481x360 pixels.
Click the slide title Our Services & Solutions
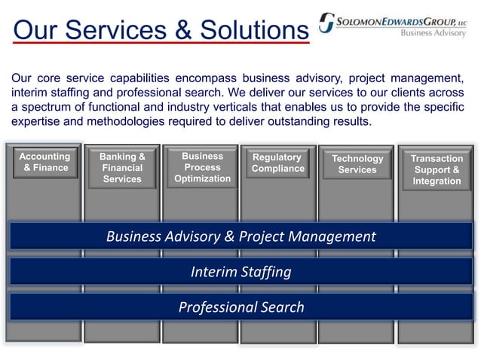click(x=161, y=30)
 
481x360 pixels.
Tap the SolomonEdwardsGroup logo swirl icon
click(x=326, y=23)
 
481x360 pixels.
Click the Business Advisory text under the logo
click(x=433, y=33)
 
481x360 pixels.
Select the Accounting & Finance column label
click(x=44, y=163)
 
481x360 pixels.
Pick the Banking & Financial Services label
click(x=122, y=168)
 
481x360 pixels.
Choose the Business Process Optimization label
click(x=202, y=167)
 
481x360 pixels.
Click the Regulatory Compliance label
click(x=277, y=163)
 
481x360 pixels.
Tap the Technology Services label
click(x=357, y=164)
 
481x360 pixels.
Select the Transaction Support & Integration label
click(x=437, y=169)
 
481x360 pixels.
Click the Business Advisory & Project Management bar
click(x=240, y=236)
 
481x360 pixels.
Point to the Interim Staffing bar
click(x=240, y=272)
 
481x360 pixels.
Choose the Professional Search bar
click(x=240, y=307)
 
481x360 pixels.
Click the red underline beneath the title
click(x=161, y=44)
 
